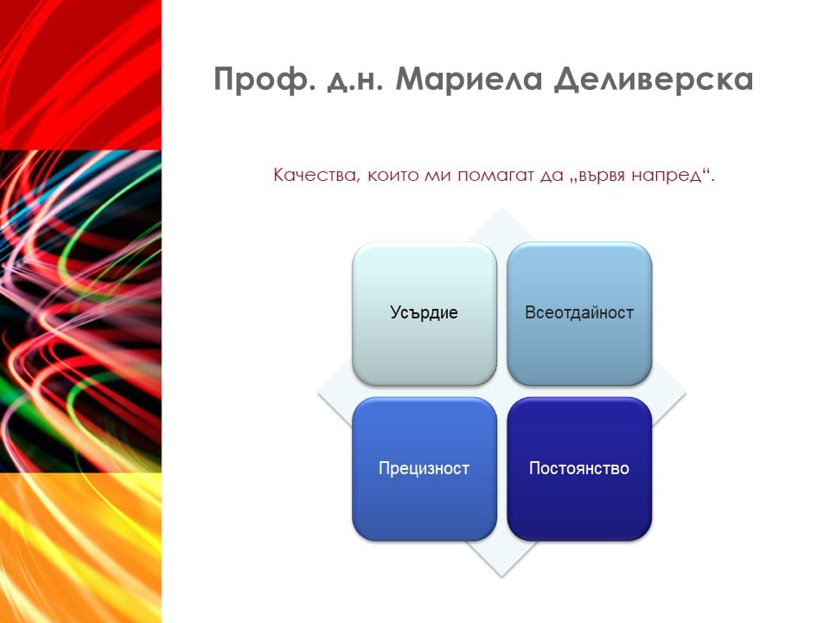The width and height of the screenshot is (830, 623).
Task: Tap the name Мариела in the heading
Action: coord(469,80)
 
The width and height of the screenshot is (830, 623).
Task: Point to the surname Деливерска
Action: coord(654,80)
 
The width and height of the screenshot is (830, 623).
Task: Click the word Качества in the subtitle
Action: coord(316,176)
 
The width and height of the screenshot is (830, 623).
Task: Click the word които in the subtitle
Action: coord(393,176)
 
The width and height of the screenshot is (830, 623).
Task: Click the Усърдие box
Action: coord(425,313)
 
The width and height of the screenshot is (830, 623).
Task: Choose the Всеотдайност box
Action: coord(579,313)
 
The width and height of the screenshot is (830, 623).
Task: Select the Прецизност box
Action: coord(425,469)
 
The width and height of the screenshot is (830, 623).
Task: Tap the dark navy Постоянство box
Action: coord(579,469)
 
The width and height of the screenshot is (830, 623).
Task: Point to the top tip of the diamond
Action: coord(501,209)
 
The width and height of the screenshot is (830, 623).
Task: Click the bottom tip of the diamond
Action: coord(501,575)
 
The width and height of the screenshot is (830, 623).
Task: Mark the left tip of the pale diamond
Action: coord(318,392)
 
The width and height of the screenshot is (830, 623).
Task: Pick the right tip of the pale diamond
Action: coord(686,392)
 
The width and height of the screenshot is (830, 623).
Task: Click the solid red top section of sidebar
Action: coord(80,75)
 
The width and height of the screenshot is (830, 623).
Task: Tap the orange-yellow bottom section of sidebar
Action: coord(80,548)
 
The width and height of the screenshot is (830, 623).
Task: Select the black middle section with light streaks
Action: coord(80,311)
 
